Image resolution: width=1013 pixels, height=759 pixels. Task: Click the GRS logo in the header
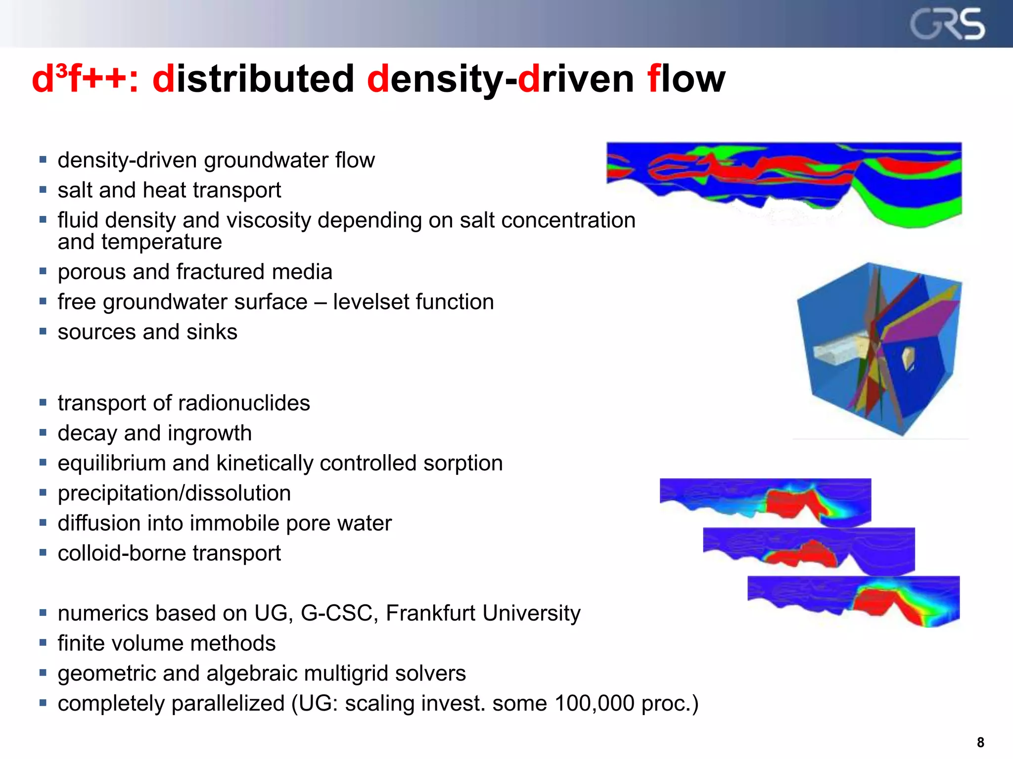point(947,24)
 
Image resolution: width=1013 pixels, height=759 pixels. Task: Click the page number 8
point(980,742)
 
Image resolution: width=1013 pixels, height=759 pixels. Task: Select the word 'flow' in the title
point(687,79)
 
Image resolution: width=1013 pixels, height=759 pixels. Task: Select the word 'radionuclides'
point(244,403)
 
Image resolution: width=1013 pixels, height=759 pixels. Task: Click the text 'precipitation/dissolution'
point(174,493)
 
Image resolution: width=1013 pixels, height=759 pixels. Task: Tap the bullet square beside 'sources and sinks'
point(43,332)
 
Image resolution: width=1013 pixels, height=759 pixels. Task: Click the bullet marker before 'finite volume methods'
point(43,643)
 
